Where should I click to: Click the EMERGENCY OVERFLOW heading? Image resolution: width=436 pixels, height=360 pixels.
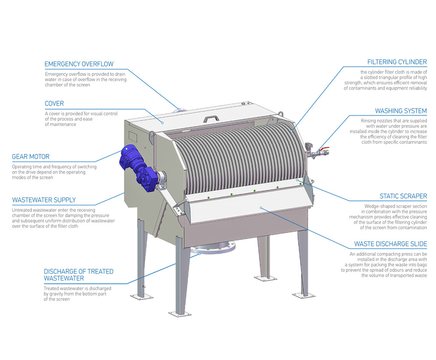pyautogui.click(x=79, y=64)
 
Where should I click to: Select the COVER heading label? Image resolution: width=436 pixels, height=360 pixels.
pyautogui.click(x=54, y=104)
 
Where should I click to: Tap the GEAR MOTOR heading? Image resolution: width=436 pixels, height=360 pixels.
pyautogui.click(x=31, y=157)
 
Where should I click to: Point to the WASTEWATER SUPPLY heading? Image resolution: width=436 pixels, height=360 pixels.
pyautogui.click(x=44, y=200)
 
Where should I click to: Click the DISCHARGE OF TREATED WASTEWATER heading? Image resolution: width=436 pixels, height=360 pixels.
pyautogui.click(x=78, y=275)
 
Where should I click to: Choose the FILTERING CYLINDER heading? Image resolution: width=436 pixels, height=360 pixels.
pyautogui.click(x=397, y=62)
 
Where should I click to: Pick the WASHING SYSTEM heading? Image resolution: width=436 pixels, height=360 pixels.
pyautogui.click(x=401, y=111)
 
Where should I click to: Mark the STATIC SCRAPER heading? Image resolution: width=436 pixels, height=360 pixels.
pyautogui.click(x=403, y=196)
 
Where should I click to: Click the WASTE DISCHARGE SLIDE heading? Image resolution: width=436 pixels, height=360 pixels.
pyautogui.click(x=390, y=244)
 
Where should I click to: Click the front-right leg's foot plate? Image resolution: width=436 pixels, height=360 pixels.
pyautogui.click(x=303, y=295)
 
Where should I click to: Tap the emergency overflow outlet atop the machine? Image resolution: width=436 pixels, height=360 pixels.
pyautogui.click(x=180, y=109)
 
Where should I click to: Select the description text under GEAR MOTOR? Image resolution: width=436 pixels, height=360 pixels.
pyautogui.click(x=54, y=172)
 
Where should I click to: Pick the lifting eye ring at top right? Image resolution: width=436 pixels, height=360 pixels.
pyautogui.click(x=281, y=114)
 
